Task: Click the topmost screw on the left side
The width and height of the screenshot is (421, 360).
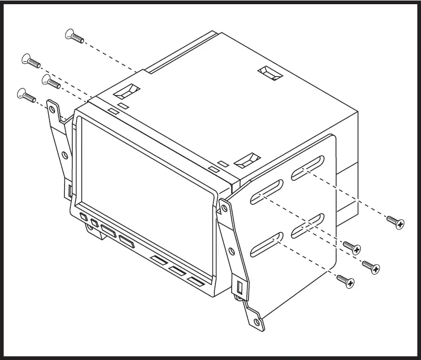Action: pos(74,37)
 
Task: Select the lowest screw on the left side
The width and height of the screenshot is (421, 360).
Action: pos(26,95)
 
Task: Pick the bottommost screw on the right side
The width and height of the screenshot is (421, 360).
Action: pos(346,281)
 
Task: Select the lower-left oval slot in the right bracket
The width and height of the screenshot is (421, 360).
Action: pos(267,245)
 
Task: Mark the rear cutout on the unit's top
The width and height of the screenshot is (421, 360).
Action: pos(271,74)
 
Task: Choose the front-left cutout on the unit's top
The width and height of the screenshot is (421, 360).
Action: pos(127,92)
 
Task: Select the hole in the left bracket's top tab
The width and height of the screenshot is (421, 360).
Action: pos(52,108)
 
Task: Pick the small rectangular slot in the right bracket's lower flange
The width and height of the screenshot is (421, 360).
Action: pos(240,288)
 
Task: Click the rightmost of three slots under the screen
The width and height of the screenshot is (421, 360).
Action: pos(196,282)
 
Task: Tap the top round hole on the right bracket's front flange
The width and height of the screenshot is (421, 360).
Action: pos(224,208)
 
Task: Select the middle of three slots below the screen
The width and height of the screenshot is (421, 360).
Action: pos(177,271)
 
